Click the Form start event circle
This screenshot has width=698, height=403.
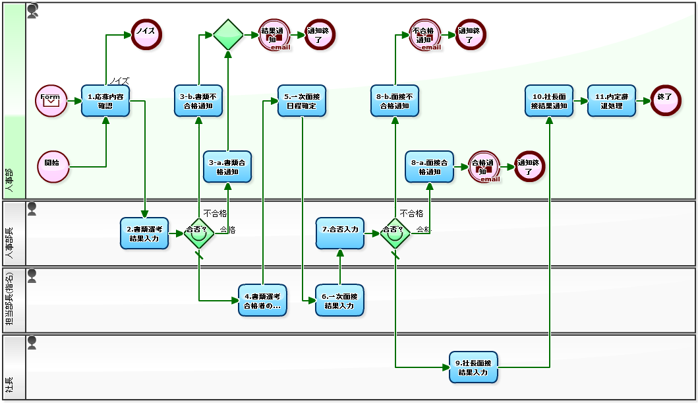click(51, 101)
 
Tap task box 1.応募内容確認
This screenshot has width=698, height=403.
click(105, 101)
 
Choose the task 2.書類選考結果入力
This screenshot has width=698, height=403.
click(144, 233)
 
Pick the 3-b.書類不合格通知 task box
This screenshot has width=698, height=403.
click(198, 101)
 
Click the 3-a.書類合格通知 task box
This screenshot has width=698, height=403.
click(227, 167)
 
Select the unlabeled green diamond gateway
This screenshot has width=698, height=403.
click(228, 34)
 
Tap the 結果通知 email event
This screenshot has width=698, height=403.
click(275, 34)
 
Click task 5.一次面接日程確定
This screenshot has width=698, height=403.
click(302, 101)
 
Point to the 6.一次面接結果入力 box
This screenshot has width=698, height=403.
click(339, 300)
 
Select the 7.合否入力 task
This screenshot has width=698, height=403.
click(339, 233)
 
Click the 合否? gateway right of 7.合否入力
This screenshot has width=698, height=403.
click(395, 233)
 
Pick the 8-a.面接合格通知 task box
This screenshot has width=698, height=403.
click(430, 167)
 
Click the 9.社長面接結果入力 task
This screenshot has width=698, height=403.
click(473, 367)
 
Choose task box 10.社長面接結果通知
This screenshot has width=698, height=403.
click(549, 101)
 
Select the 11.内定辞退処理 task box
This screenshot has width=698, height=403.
click(612, 101)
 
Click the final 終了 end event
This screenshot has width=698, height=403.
click(666, 101)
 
